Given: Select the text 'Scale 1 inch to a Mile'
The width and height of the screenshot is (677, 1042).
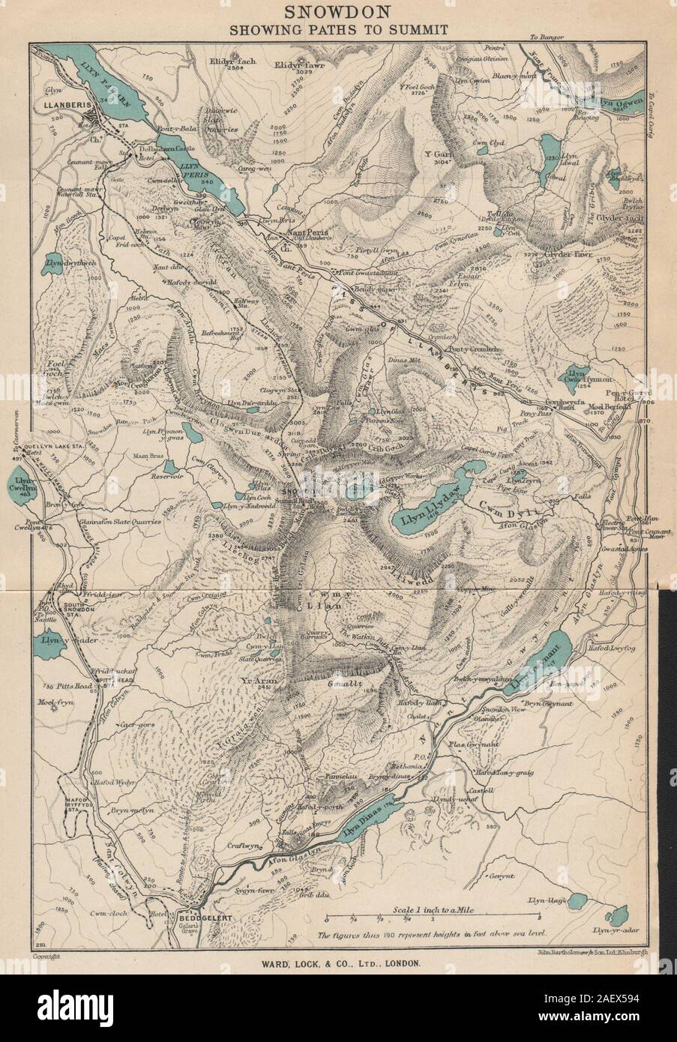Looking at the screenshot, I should coord(433,908).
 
